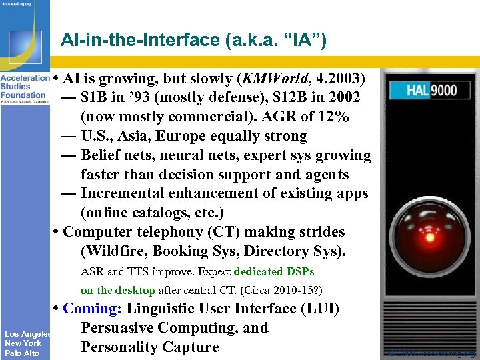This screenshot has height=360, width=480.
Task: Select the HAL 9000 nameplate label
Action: pos(426,89)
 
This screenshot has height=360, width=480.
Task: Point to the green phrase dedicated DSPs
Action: pos(274,272)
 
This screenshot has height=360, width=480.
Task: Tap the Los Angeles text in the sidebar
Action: pos(27,333)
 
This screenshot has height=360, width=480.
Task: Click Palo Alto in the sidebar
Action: pos(22,353)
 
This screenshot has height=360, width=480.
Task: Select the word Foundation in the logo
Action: pos(23,95)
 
